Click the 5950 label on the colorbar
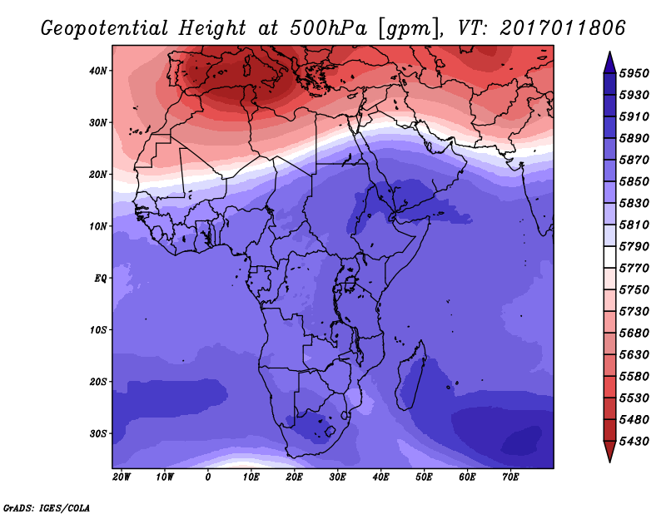pos(636,73)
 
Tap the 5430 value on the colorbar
pos(636,440)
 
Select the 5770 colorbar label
pos(636,269)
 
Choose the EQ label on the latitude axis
pos(101,278)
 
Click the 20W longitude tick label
pos(122,477)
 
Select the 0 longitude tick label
pos(208,477)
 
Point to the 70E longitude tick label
pos(511,477)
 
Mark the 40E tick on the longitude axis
pos(381,477)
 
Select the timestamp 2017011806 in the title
pos(563,27)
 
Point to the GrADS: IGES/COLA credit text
pos(47,507)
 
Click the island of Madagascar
pos(413,379)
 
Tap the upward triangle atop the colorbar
pos(609,61)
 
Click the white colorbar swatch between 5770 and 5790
pos(609,258)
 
